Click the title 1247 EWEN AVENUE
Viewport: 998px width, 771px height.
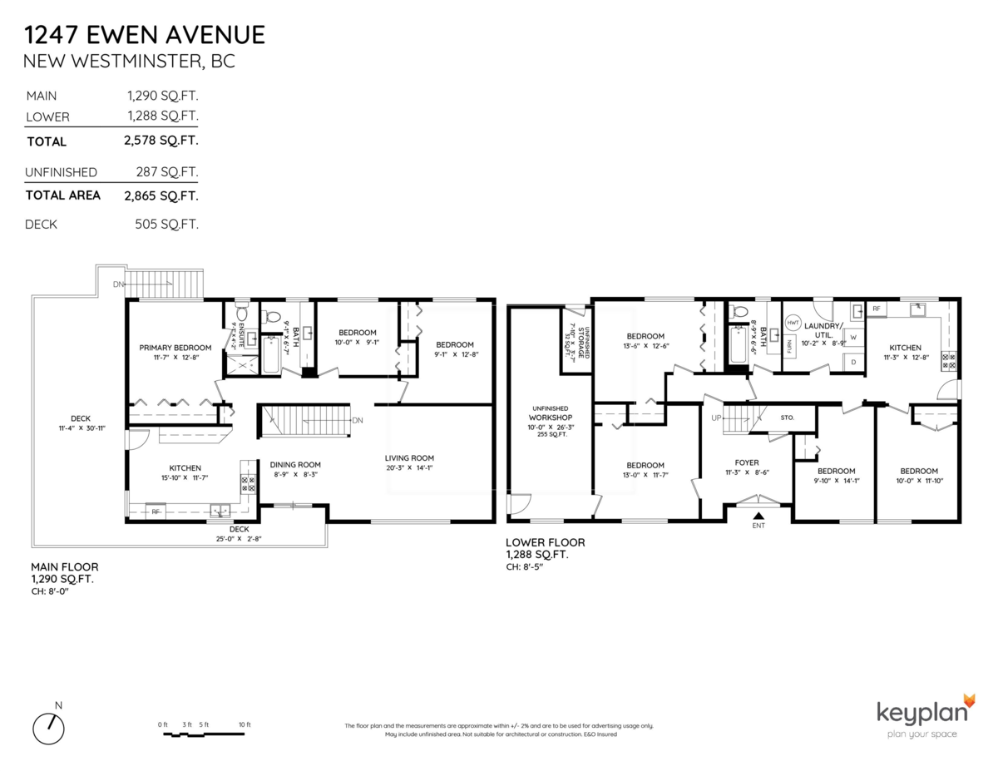point(145,35)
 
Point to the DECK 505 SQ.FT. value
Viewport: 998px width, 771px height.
point(166,225)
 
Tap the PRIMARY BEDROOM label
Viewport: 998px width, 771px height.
point(175,348)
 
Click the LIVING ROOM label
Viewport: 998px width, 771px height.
point(408,457)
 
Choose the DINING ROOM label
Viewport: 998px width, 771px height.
point(294,465)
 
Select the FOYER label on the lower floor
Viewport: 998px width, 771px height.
point(746,462)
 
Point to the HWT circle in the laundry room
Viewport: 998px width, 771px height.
point(793,321)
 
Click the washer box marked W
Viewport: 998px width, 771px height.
point(852,338)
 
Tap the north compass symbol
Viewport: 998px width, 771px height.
point(49,729)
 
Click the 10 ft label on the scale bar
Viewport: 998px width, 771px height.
point(244,725)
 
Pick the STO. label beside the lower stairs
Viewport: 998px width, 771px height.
point(788,418)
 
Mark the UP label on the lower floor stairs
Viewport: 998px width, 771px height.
point(715,418)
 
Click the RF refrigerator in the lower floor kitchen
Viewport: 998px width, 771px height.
point(876,309)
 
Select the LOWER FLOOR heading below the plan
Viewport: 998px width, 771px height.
point(545,542)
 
